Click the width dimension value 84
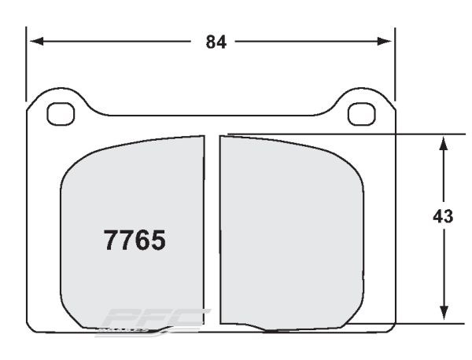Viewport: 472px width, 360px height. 216,42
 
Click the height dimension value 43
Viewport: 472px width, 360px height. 443,216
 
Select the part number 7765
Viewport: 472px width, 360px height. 135,240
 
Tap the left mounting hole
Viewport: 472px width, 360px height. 60,113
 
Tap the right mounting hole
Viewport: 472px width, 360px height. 361,113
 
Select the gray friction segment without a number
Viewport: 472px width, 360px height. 291,236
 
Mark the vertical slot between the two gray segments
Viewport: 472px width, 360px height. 211,228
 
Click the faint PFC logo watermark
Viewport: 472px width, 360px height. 153,321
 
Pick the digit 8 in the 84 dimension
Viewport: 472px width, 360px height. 211,42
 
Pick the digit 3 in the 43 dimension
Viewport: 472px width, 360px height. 448,216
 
